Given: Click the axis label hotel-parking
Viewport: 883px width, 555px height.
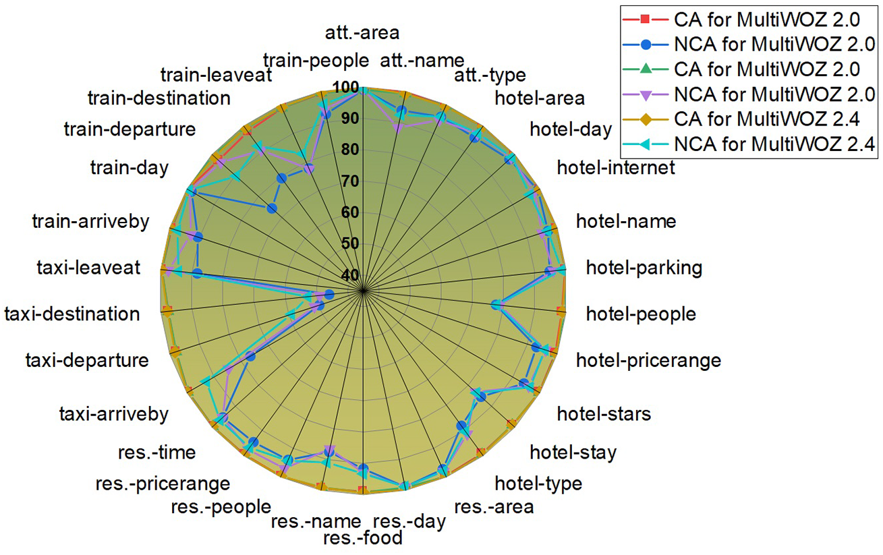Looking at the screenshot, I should coord(644,268).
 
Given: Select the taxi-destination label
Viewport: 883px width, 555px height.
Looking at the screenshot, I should coord(72,314).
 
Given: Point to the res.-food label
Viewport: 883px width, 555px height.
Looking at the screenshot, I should coord(363,537).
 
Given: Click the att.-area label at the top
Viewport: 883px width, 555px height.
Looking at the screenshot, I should coord(362,32).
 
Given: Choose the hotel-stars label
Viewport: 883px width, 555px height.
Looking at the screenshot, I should coord(604,413).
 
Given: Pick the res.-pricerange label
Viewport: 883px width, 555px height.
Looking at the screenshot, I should coord(163,484).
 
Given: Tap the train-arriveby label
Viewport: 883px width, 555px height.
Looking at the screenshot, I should coord(90,222).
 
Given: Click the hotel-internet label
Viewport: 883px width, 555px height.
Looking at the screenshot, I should coord(616,168).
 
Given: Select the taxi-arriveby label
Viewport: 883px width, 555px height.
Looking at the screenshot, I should coord(113,413).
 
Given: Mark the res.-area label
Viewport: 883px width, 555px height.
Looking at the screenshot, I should coord(494,506).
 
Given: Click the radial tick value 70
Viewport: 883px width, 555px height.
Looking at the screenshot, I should coord(349,181).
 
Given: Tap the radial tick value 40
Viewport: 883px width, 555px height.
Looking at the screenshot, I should coord(349,274).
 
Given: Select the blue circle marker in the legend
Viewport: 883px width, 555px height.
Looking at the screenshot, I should coord(646,45).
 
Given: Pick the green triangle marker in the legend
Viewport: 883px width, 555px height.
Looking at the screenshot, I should coord(646,69).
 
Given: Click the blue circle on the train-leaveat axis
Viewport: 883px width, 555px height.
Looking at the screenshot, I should coord(282,178).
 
